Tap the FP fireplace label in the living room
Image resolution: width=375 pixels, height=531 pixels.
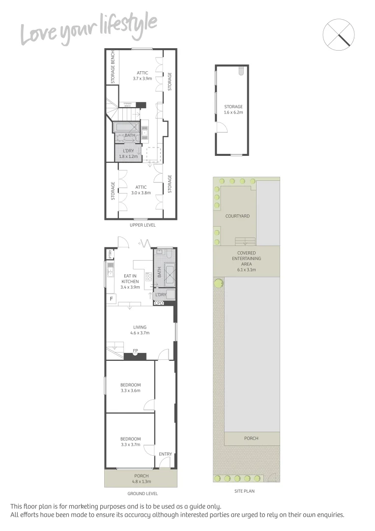point(136,351)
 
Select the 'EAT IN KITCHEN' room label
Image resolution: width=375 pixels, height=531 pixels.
point(130,282)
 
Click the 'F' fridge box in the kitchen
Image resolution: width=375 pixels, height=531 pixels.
point(111,298)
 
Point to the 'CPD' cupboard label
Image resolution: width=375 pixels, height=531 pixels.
point(159,303)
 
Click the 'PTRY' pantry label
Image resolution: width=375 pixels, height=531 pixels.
point(111,254)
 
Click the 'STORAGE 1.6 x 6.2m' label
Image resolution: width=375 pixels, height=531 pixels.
point(233,109)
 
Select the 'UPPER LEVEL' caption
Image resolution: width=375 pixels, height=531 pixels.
point(143,225)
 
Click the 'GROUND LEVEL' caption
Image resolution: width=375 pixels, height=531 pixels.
point(143,493)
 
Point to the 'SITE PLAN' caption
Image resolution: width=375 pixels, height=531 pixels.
point(244,491)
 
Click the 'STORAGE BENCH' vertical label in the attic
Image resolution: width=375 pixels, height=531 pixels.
point(113,67)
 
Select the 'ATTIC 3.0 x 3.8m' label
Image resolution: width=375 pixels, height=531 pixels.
point(141,190)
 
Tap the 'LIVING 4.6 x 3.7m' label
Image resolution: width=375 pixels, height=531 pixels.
point(140,330)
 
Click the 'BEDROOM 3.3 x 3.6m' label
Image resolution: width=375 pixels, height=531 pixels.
point(130,388)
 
